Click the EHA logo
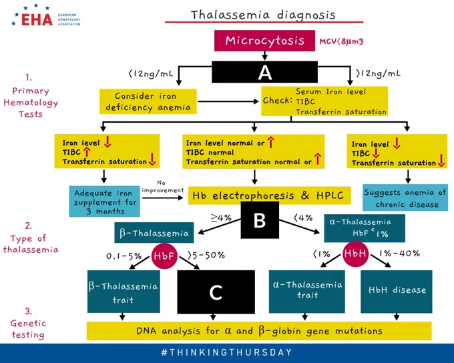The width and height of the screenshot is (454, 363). click(46, 16)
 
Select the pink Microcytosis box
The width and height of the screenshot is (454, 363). click(264, 41)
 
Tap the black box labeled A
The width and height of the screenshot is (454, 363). click(264, 72)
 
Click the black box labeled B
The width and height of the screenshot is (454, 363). click(260, 220)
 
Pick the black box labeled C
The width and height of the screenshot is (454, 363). click(216, 292)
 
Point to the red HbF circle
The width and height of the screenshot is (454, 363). click(164, 256)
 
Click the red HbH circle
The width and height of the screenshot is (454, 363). click(355, 254)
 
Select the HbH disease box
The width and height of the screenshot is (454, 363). click(397, 292)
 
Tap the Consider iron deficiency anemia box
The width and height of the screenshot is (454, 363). click(148, 101)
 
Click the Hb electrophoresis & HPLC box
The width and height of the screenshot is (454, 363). click(269, 196)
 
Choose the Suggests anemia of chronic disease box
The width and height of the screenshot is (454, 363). click(405, 198)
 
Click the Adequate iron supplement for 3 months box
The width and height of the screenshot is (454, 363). click(104, 202)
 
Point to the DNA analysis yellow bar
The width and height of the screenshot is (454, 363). click(259, 330)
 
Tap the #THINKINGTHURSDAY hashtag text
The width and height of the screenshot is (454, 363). click(226, 352)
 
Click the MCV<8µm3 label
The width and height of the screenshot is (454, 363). click(341, 41)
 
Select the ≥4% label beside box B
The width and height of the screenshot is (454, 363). click(221, 218)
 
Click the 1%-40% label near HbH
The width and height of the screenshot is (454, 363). click(399, 254)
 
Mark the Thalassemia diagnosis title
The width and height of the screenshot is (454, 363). click(263, 15)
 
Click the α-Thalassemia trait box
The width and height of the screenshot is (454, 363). click(307, 292)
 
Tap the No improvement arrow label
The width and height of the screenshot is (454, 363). click(163, 187)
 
